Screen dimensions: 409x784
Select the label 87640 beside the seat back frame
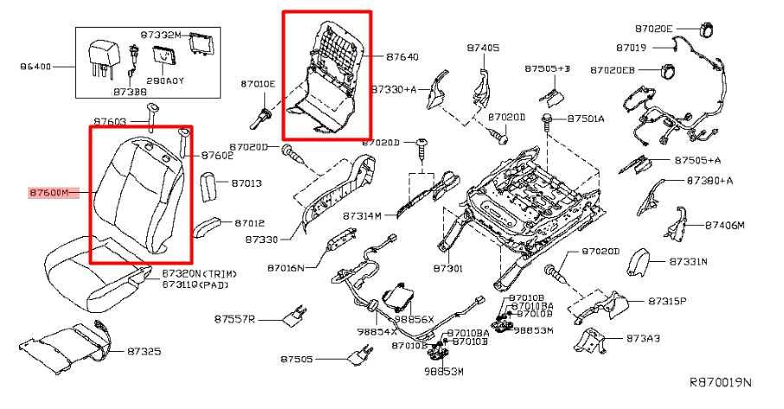pos(402,57)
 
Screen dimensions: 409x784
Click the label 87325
pos(145,352)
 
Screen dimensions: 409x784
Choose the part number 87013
pos(247,183)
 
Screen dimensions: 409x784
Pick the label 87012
pos(247,223)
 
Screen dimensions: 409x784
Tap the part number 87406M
pos(724,225)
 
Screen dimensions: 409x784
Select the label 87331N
pos(689,260)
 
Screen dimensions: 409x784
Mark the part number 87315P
pos(667,301)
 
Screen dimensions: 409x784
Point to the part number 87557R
pos(235,320)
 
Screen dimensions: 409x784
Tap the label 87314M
pos(362,215)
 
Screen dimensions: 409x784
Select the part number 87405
pos(483,48)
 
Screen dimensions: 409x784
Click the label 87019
pos(632,47)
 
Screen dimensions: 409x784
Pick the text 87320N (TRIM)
pos(199,273)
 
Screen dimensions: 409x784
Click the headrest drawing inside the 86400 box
pos(101,54)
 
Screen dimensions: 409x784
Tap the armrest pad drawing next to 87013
pos(211,187)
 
